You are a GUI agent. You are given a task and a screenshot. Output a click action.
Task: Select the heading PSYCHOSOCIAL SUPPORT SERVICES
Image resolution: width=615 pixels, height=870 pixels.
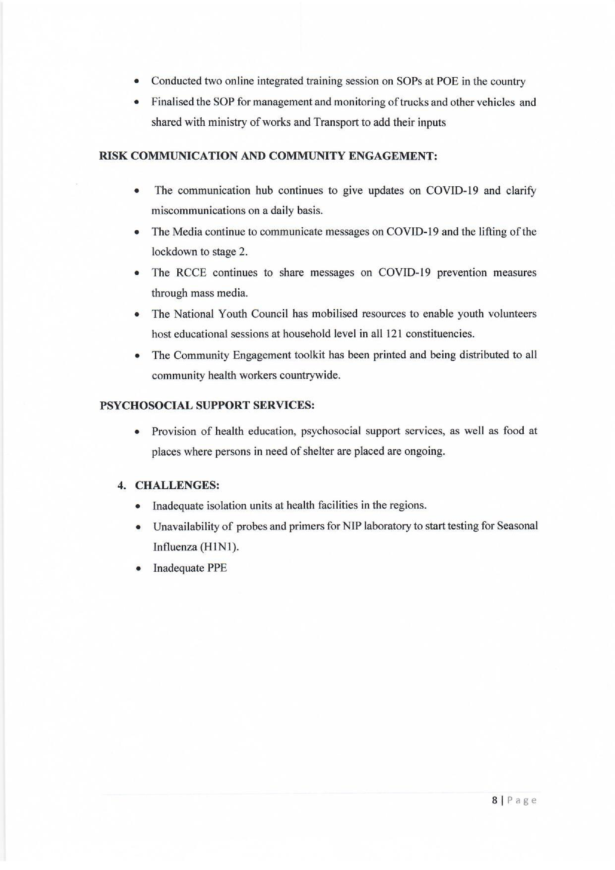[207, 405]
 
